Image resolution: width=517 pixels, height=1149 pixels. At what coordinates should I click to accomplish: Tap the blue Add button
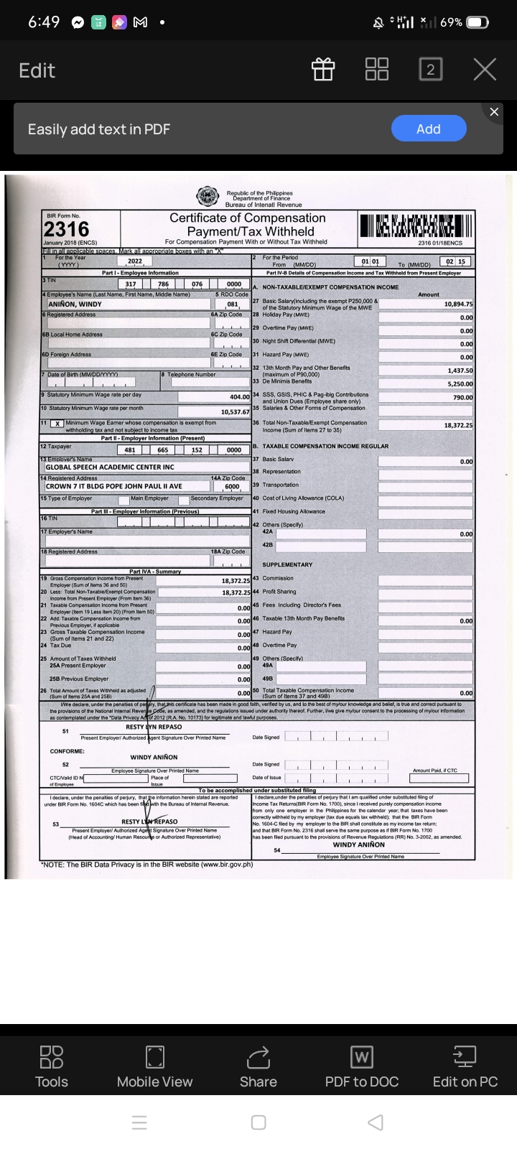tap(429, 129)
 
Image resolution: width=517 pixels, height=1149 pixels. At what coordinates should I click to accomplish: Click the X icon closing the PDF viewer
tap(485, 70)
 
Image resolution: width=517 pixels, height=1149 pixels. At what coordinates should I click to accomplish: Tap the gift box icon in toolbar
tap(323, 70)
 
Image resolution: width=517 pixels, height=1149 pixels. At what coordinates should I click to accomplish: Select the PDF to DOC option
tap(361, 1067)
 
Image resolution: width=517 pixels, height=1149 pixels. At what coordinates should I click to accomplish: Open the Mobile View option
tap(154, 1067)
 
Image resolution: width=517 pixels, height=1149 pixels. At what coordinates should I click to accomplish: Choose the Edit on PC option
tap(465, 1067)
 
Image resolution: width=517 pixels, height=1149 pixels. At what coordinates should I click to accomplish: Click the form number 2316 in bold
tap(67, 229)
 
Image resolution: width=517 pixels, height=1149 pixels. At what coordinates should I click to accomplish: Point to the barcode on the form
tap(416, 225)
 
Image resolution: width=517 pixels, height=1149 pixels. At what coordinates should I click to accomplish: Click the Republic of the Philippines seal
tap(208, 196)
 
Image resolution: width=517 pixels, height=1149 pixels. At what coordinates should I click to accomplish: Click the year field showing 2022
tap(134, 261)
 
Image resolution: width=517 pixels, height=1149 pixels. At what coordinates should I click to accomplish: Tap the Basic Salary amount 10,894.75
tap(457, 304)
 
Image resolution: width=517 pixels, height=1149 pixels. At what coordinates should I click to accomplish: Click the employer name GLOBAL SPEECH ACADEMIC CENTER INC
tap(110, 467)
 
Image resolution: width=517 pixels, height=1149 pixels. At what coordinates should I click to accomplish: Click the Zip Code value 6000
tap(231, 486)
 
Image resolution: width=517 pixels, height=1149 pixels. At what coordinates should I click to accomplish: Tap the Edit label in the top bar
tap(37, 70)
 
